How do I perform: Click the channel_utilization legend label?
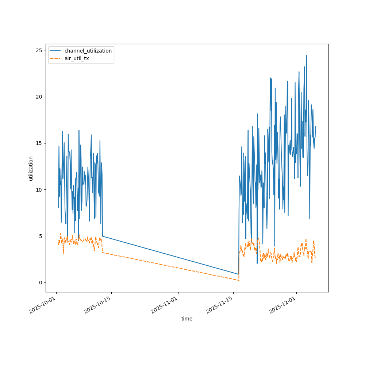point(88,51)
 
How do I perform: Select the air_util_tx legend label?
point(77,58)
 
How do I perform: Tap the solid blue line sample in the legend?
point(56,51)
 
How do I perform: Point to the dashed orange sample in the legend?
point(56,58)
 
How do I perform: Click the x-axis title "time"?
point(187,319)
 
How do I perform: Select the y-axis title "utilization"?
point(31,168)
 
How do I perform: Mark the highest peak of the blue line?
point(306,55)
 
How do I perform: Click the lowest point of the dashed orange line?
point(238,280)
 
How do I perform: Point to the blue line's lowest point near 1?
point(238,274)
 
